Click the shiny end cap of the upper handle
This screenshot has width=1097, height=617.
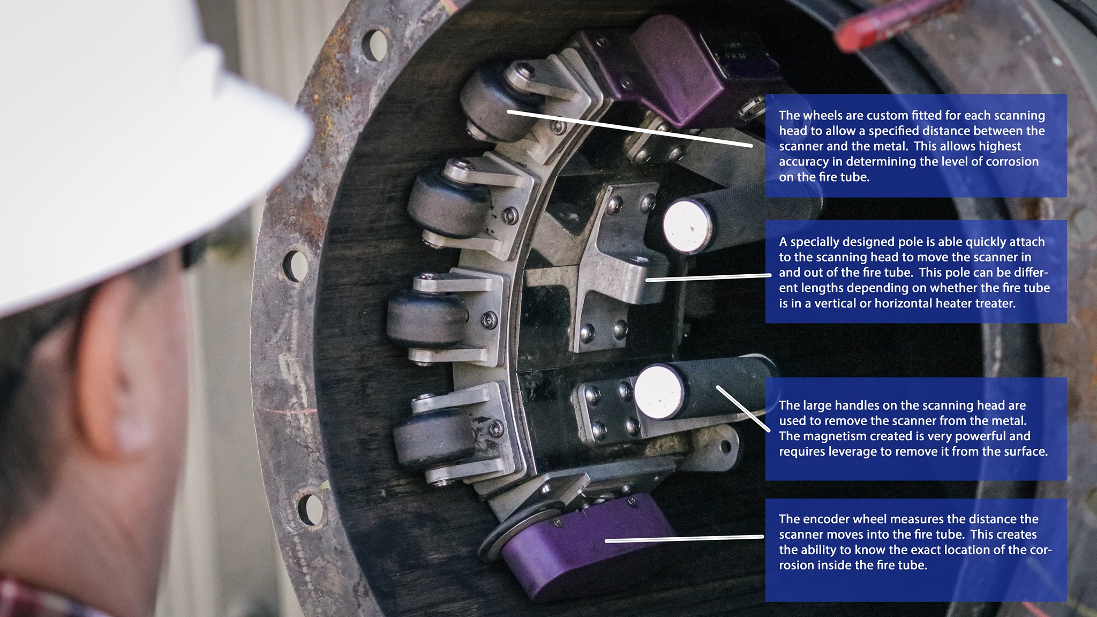pos(687,225)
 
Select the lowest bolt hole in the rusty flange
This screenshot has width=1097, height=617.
pos(310,509)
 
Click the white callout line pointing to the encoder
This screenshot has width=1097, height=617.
pos(685,538)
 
